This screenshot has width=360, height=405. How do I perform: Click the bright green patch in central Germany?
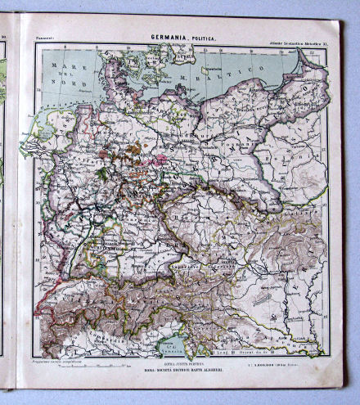click(101, 173)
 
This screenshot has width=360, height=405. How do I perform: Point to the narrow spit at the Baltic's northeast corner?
click(304, 61)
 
